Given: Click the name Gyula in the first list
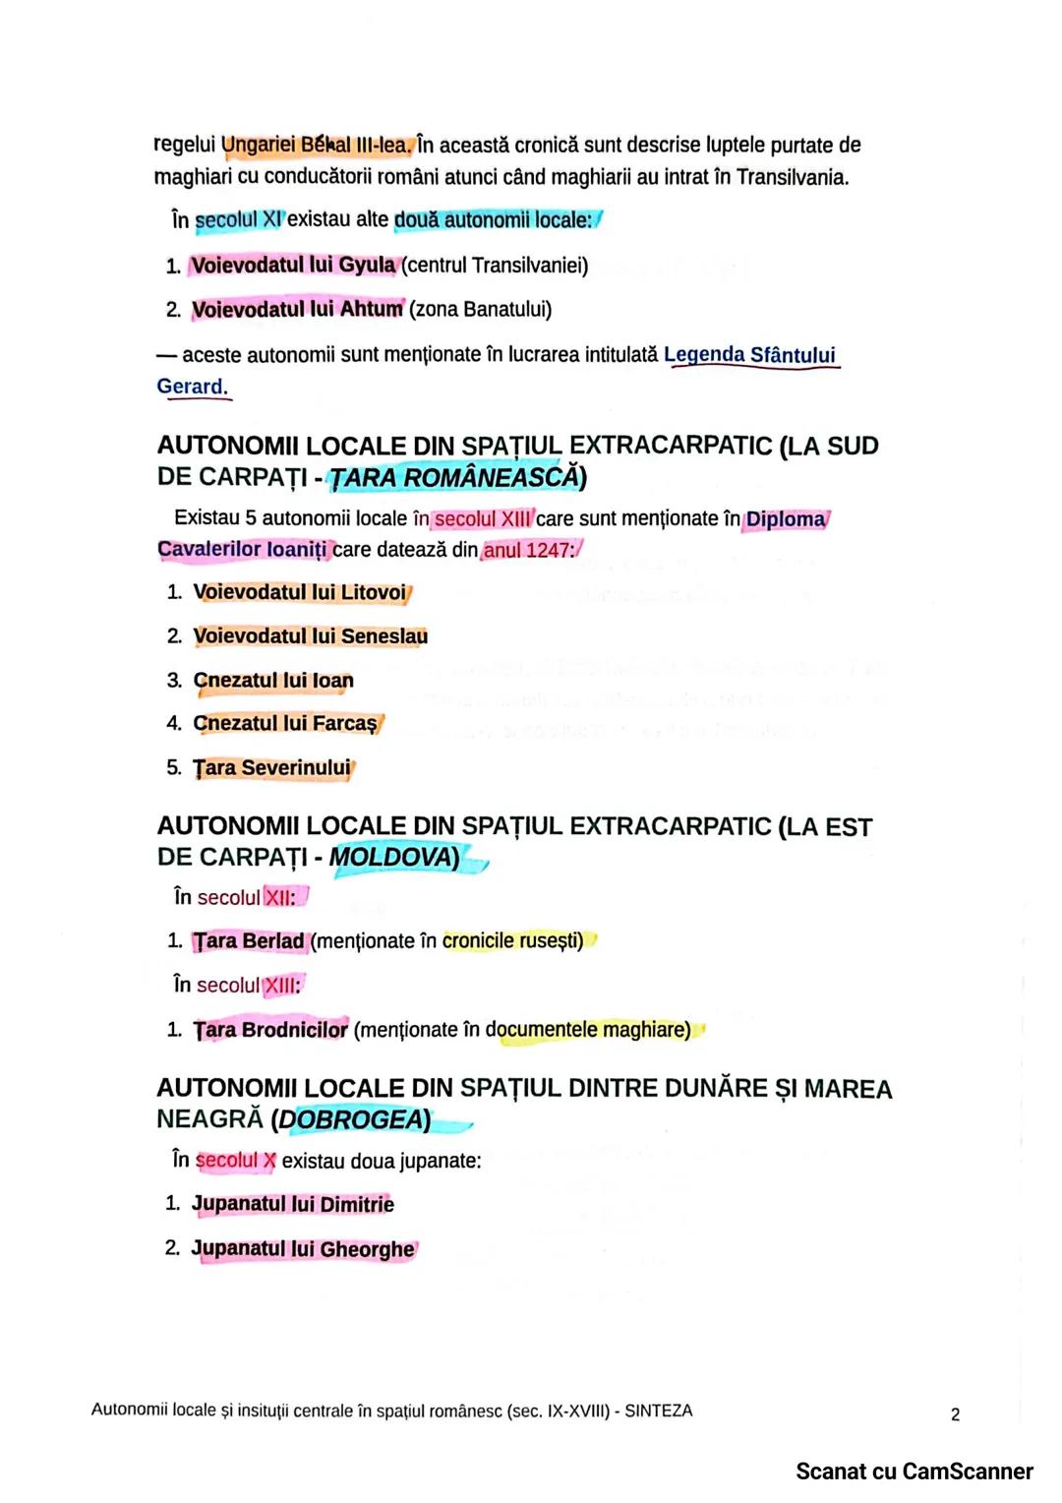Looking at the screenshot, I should click(x=367, y=266).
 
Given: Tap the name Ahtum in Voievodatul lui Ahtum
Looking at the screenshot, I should click(x=371, y=309).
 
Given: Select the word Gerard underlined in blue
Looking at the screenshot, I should click(x=192, y=387).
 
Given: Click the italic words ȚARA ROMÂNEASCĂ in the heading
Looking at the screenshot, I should click(x=453, y=478).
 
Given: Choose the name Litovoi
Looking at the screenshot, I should click(x=373, y=592).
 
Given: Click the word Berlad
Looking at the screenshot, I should click(x=273, y=941).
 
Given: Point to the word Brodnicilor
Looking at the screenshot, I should click(x=295, y=1030).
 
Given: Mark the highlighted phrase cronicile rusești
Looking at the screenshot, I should click(x=512, y=941).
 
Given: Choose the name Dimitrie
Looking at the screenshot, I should click(x=357, y=1204).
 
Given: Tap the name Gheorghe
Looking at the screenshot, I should click(x=367, y=1249).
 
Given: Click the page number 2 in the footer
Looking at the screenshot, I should click(x=955, y=1414).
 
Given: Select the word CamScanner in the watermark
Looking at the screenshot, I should click(x=968, y=1472).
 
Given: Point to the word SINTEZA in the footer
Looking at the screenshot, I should click(x=658, y=1411).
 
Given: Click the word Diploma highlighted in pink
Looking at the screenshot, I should click(x=786, y=519).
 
